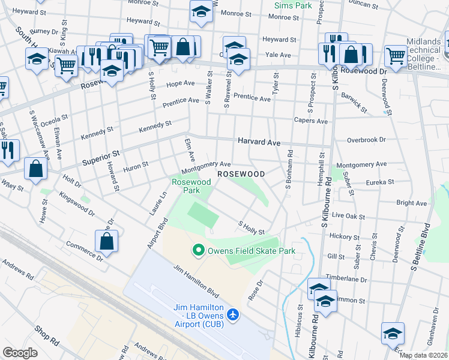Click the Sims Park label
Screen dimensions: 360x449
click(x=293, y=5)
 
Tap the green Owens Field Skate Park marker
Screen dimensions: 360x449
click(x=197, y=250)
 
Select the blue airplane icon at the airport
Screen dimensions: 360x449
click(x=234, y=315)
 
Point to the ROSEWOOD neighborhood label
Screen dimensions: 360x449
click(x=241, y=174)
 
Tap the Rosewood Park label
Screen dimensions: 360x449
click(x=191, y=186)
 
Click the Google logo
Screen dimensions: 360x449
click(x=20, y=352)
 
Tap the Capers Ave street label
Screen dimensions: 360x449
click(x=310, y=121)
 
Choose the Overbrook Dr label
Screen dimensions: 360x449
click(x=366, y=140)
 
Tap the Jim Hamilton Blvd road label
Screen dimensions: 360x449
click(x=196, y=281)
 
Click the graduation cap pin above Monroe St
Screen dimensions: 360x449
click(x=202, y=10)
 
